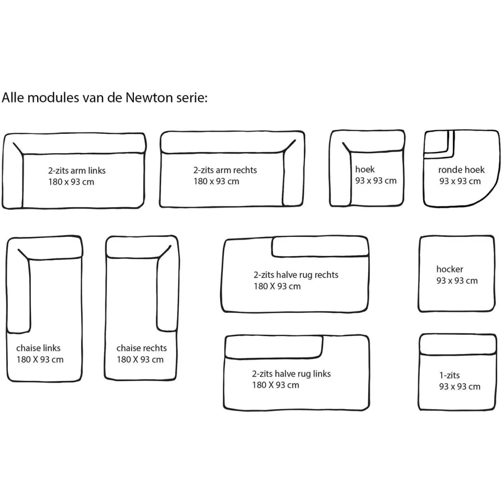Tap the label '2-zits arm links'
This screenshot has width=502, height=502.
(77, 170)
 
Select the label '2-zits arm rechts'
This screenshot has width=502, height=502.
(225, 169)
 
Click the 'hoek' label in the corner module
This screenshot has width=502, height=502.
(364, 169)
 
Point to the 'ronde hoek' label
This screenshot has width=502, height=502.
(461, 169)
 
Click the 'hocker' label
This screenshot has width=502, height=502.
(450, 269)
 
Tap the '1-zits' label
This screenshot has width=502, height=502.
(449, 375)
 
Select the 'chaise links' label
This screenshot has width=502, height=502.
(38, 348)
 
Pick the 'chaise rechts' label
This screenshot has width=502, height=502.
(142, 348)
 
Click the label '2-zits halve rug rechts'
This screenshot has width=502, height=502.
(296, 275)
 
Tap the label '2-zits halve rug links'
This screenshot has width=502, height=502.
(291, 373)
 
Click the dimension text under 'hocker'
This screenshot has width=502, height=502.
(457, 280)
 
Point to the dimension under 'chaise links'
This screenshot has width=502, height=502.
(40, 359)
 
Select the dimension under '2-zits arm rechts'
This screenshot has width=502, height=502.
(216, 181)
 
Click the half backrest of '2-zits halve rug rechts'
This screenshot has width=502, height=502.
(320, 247)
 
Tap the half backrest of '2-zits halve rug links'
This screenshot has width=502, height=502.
(273, 347)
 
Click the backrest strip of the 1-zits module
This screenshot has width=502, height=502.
(458, 344)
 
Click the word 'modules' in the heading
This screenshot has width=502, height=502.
(53, 97)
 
